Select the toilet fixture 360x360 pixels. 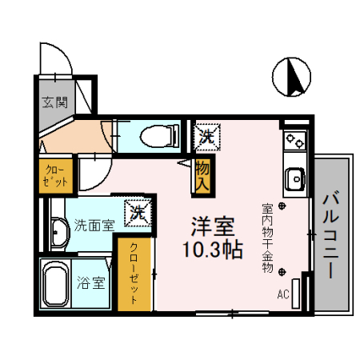tap(159, 135)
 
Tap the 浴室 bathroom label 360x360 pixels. tap(91, 282)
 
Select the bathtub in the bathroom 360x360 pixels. tap(55, 286)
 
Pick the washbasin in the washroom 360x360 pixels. tap(58, 232)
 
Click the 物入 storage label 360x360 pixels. tap(202, 176)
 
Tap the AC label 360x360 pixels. tap(282, 294)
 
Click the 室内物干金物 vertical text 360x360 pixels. tap(266, 239)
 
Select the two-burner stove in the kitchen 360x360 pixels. tap(295, 142)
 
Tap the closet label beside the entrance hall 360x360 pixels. tap(56, 175)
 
